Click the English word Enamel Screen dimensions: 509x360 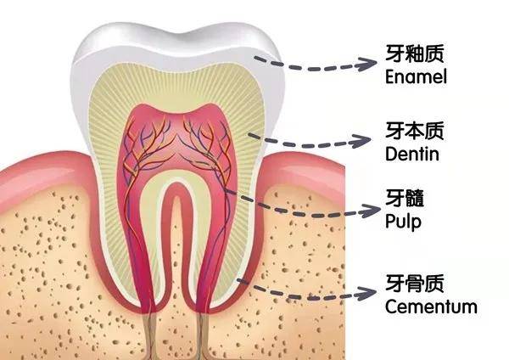pos(416,76)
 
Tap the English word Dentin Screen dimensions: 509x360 pos(412,154)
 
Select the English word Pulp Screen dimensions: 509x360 pos(403,222)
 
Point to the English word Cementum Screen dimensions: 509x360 pos(431,307)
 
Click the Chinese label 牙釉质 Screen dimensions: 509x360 pos(415,53)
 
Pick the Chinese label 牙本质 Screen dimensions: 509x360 pos(415,131)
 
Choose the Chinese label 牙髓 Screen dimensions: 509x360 pos(405,198)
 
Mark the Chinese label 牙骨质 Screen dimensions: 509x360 pos(415,284)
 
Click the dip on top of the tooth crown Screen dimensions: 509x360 pos(182,32)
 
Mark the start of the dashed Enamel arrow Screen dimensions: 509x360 pos(256,58)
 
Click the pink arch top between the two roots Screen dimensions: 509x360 pos(176,185)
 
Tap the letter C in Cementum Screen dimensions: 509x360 pos(392,307)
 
